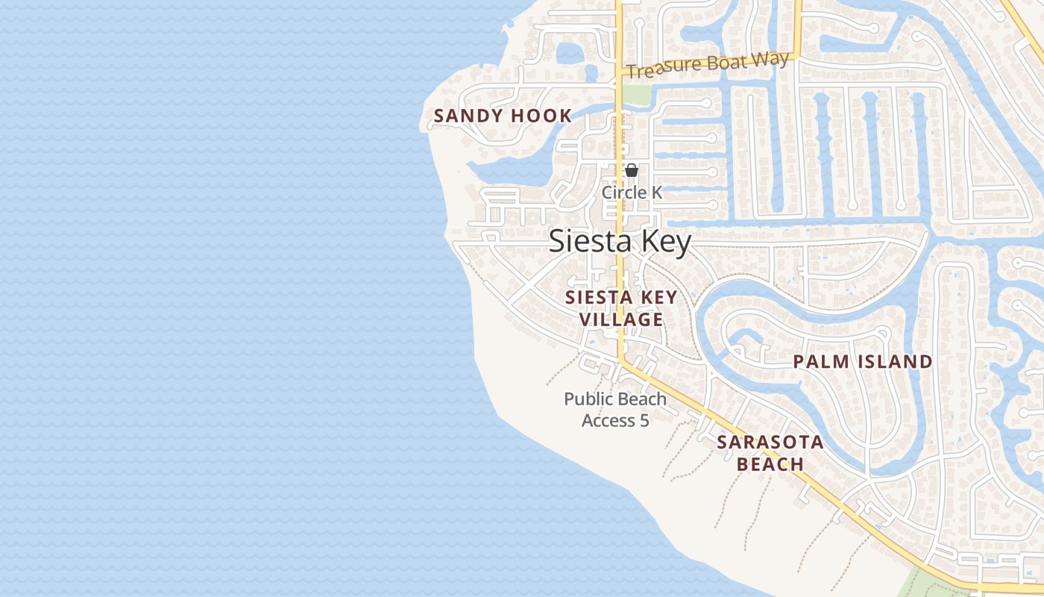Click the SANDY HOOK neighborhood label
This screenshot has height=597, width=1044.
pyautogui.click(x=503, y=116)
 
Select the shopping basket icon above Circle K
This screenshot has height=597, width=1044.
pyautogui.click(x=632, y=170)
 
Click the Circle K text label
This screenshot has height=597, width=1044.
pyautogui.click(x=632, y=192)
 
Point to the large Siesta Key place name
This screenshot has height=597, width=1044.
pyautogui.click(x=620, y=241)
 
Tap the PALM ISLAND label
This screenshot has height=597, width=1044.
pyautogui.click(x=862, y=362)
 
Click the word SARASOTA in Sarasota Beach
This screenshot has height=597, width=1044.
pyautogui.click(x=770, y=442)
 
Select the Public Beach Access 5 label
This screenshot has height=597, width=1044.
pyautogui.click(x=615, y=410)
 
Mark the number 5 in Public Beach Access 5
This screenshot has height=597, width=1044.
pyautogui.click(x=644, y=421)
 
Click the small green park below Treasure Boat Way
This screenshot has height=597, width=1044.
pyautogui.click(x=636, y=95)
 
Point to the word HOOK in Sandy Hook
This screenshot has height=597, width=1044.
pyautogui.click(x=542, y=116)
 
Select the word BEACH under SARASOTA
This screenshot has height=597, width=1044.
pyautogui.click(x=770, y=464)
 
